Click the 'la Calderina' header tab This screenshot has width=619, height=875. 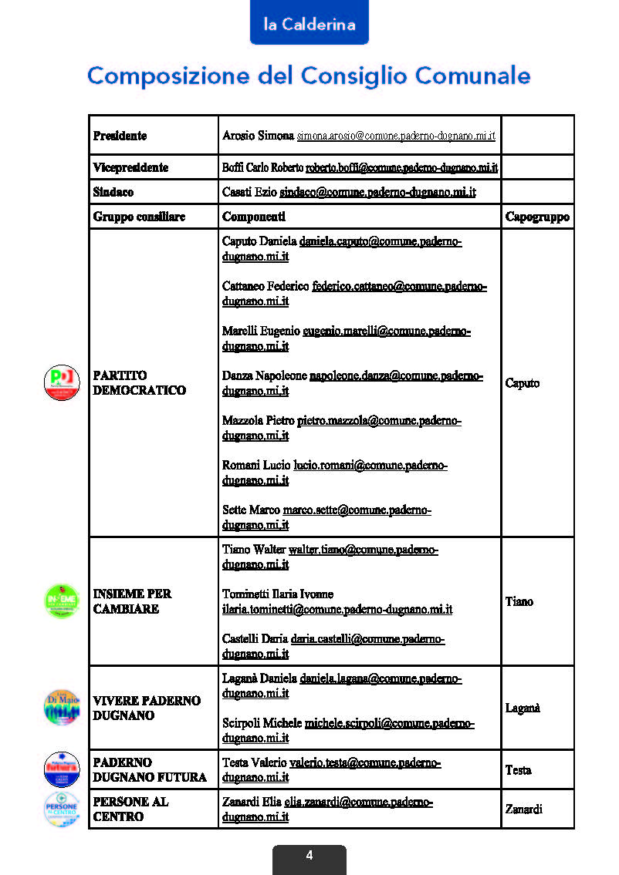click(x=309, y=24)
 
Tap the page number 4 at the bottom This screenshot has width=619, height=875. click(x=309, y=855)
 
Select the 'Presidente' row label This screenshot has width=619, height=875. click(x=120, y=136)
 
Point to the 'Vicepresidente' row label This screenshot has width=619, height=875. click(x=130, y=167)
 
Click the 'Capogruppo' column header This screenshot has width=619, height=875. click(x=537, y=217)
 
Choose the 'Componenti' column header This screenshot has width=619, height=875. click(x=253, y=217)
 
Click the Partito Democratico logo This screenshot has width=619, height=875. click(x=62, y=382)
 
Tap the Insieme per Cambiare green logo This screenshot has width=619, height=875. click(x=62, y=601)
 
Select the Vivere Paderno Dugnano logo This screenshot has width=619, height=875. click(x=62, y=707)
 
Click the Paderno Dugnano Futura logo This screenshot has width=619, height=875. click(x=62, y=769)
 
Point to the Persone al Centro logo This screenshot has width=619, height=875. click(x=62, y=809)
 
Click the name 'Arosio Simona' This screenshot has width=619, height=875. click(x=258, y=136)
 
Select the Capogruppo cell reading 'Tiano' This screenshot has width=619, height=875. click(x=519, y=601)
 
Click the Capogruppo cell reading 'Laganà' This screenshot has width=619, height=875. click(x=523, y=708)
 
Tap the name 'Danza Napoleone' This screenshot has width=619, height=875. click(x=264, y=376)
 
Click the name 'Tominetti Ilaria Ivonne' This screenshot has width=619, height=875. click(x=278, y=594)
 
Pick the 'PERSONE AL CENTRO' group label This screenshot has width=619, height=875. click(x=130, y=809)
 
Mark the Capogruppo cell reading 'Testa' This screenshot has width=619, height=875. click(x=518, y=769)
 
